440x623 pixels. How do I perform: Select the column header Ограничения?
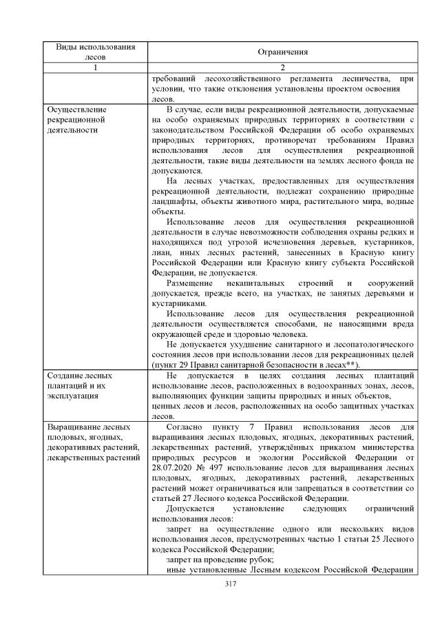coord(282,52)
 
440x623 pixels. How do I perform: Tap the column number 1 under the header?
coord(96,68)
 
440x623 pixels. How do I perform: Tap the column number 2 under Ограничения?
coord(282,68)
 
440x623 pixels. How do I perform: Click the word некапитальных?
coord(262,283)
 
